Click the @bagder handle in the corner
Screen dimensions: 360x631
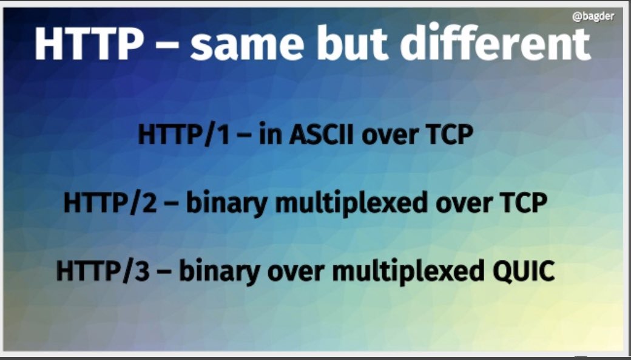[593, 16]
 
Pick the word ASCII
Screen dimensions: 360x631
[322, 135]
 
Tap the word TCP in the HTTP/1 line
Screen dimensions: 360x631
[448, 135]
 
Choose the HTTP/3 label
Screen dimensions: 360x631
[103, 271]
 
